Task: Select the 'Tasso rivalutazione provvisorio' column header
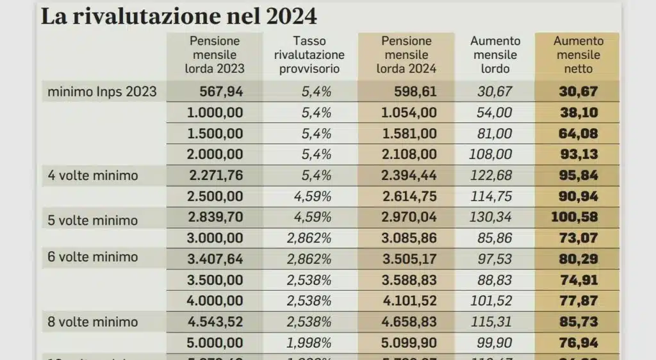pyautogui.click(x=309, y=54)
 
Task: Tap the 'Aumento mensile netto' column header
pyautogui.click(x=578, y=54)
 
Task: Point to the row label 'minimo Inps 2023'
pyautogui.click(x=102, y=92)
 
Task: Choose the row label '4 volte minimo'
pyautogui.click(x=93, y=175)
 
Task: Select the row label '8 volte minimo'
pyautogui.click(x=93, y=321)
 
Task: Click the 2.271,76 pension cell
pyautogui.click(x=215, y=175)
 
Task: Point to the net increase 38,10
pyautogui.click(x=578, y=113)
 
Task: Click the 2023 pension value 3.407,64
pyautogui.click(x=215, y=258)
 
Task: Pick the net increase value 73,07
pyautogui.click(x=578, y=238)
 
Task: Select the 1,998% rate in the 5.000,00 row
pyautogui.click(x=309, y=341)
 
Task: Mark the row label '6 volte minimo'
pyautogui.click(x=93, y=258)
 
